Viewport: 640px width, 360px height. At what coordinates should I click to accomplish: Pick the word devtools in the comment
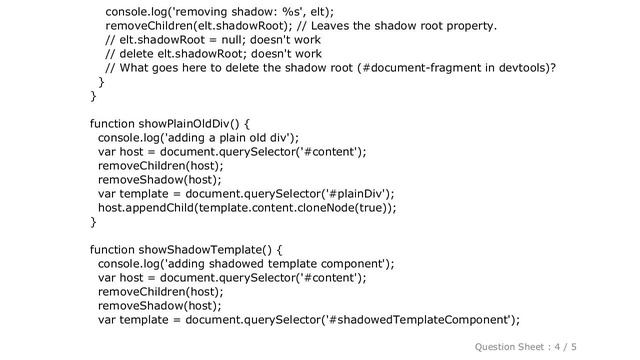(522, 68)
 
